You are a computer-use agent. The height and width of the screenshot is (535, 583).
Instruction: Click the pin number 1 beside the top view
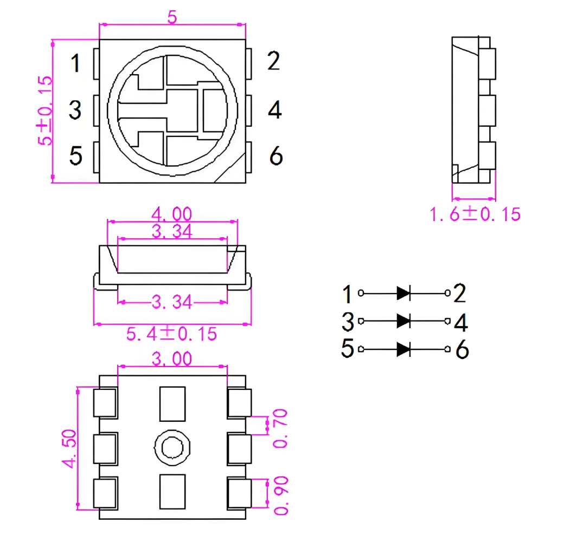point(76,63)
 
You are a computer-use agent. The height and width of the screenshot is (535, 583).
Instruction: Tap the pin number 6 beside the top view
point(276,155)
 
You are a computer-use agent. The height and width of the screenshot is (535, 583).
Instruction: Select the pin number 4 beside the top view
point(275,109)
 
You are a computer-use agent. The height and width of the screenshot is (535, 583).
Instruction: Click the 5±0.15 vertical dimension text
point(45,110)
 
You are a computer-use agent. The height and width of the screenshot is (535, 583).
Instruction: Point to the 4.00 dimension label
point(172,214)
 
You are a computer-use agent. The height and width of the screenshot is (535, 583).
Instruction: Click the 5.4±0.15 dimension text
point(171,334)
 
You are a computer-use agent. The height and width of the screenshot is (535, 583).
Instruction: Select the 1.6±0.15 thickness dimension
point(475,214)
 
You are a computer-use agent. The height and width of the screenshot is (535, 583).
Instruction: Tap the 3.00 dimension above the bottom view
point(172,358)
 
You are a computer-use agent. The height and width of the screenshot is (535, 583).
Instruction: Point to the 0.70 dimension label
point(280,428)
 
